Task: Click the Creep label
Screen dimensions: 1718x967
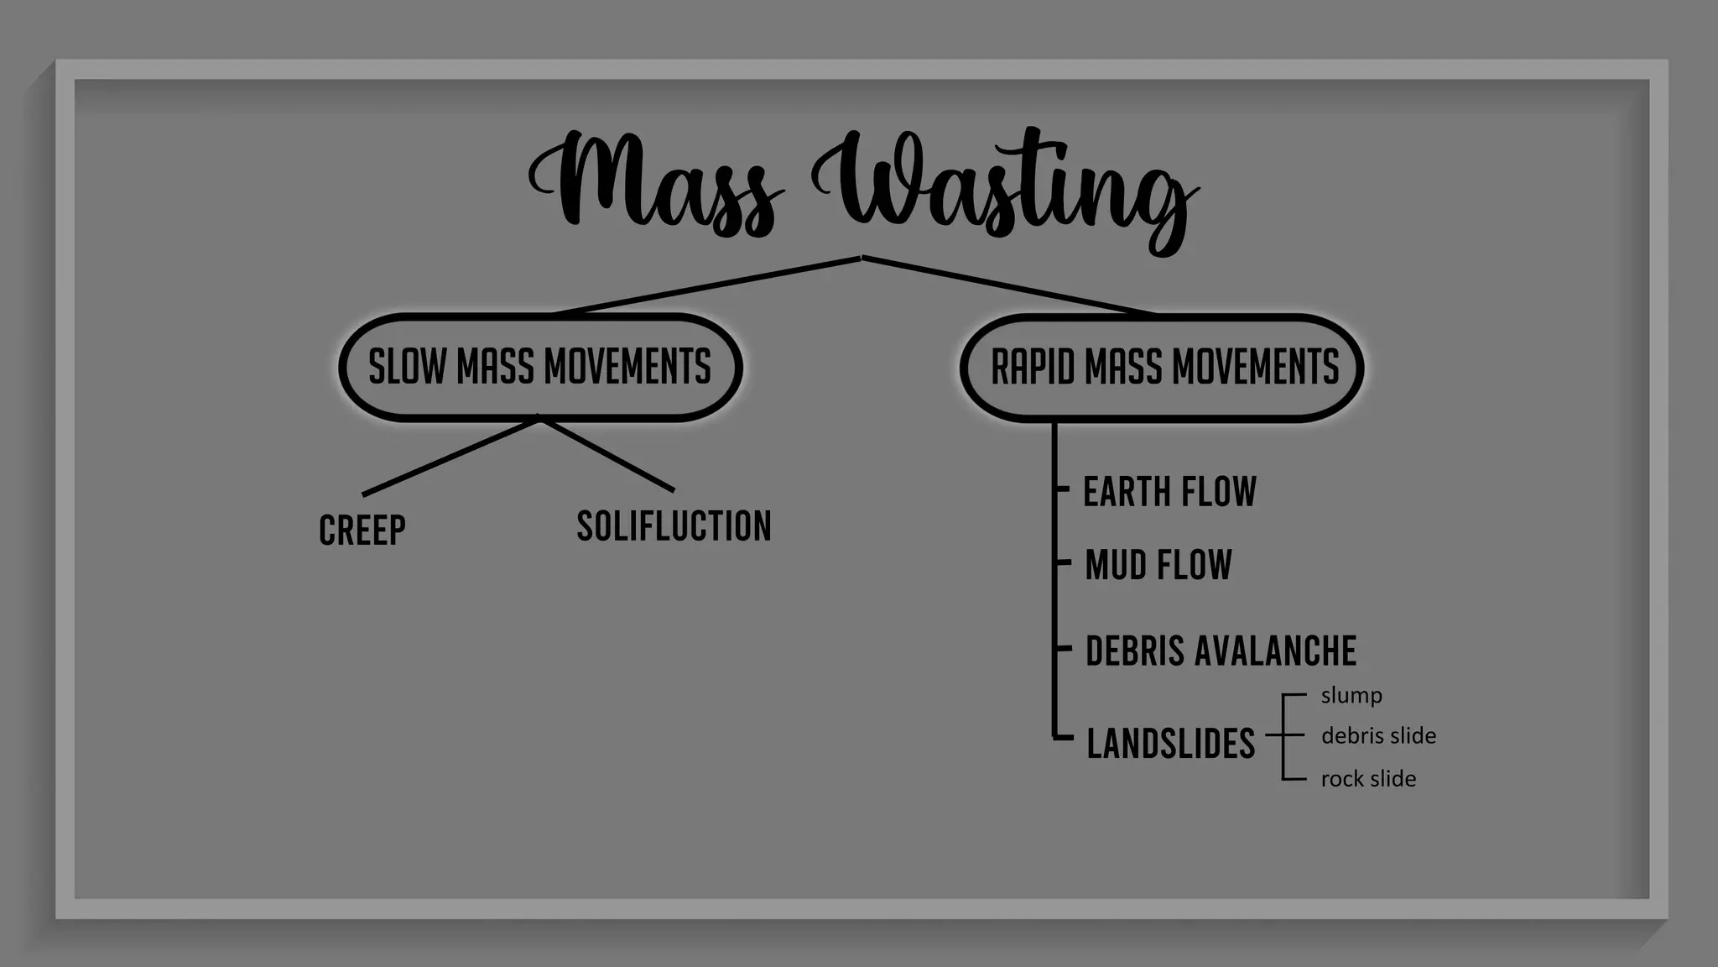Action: (362, 530)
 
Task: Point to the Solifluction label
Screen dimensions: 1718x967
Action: (674, 526)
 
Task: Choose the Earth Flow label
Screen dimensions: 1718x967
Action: (1169, 492)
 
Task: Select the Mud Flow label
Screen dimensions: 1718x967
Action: (1158, 564)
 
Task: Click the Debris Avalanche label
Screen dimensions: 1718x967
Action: (1221, 651)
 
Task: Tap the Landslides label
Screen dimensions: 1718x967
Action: (1170, 744)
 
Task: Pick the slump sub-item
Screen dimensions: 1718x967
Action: (1351, 696)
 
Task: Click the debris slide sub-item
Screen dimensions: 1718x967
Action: (1378, 736)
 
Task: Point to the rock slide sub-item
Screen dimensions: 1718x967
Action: (1368, 779)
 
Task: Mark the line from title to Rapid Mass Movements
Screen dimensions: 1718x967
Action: (1009, 285)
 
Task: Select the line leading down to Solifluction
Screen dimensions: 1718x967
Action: (607, 454)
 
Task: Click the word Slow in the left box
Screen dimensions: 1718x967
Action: (408, 368)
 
